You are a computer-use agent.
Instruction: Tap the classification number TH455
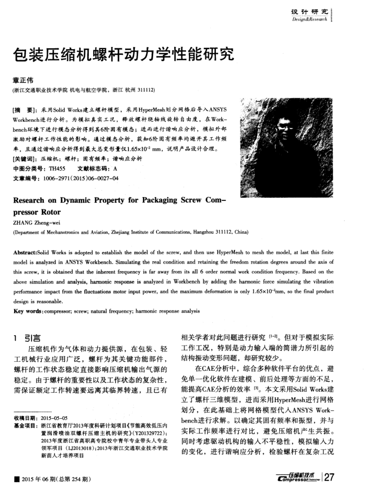coord(56,169)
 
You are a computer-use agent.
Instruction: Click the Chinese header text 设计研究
coord(311,12)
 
